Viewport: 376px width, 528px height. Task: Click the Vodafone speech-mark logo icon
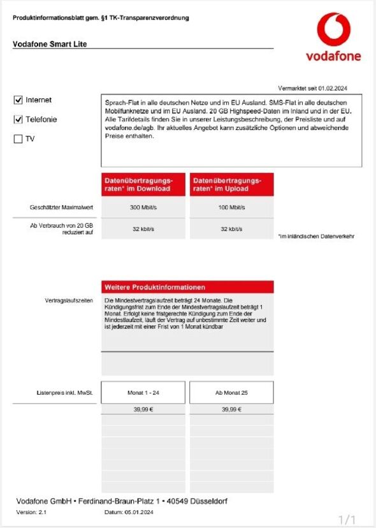333,30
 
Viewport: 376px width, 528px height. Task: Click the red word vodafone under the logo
333,56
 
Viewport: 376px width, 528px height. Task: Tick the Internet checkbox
18,100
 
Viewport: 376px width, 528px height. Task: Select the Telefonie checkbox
18,119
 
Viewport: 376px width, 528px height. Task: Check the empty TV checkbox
18,139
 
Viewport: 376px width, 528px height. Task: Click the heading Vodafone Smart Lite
50,44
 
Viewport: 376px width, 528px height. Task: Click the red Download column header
143,184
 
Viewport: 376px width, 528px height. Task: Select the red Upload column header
231,184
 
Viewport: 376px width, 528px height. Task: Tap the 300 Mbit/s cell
143,208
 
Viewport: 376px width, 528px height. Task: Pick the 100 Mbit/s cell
231,208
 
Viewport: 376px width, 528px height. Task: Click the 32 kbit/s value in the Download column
143,229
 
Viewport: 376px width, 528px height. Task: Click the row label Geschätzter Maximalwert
61,208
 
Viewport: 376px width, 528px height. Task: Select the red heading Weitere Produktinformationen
155,288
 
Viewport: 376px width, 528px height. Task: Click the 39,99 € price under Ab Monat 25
231,409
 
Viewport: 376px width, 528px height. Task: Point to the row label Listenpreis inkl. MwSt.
65,393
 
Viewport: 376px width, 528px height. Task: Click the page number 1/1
347,519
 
